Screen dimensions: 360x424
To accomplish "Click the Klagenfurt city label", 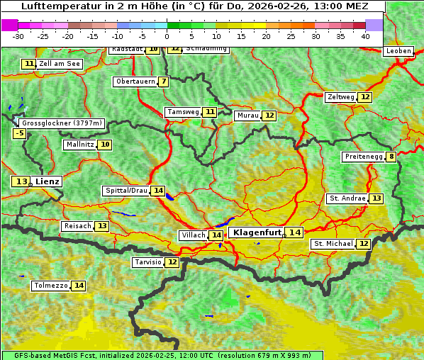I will point(258,232).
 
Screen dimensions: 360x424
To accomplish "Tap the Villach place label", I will point(194,235).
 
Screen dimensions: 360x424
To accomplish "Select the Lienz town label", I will point(48,181).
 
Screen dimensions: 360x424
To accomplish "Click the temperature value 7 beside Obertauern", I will point(164,81).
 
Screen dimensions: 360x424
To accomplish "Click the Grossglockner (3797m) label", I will point(62,123).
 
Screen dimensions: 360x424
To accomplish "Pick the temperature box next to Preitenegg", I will point(391,157).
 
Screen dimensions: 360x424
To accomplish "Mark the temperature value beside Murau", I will point(269,116).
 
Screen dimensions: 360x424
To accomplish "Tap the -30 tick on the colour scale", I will point(18,35).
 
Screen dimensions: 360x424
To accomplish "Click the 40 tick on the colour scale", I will point(365,35).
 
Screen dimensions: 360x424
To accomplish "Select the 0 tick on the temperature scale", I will point(167,35).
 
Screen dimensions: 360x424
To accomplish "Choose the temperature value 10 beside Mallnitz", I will point(105,145).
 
